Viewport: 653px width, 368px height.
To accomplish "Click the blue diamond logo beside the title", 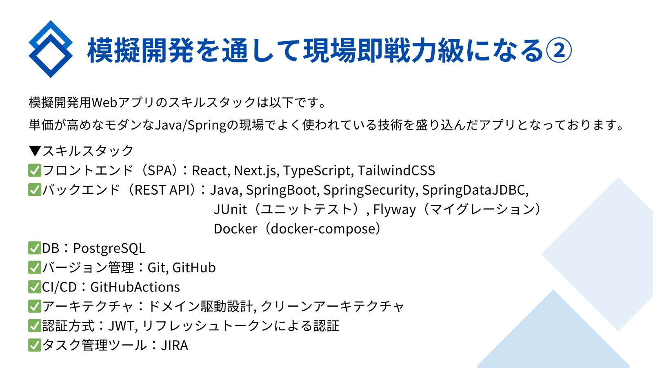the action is (x=51, y=49).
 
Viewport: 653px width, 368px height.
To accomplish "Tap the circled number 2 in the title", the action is (x=559, y=50).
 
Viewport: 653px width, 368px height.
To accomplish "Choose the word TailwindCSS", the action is (x=396, y=171).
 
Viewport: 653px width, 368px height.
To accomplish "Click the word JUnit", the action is (x=230, y=209).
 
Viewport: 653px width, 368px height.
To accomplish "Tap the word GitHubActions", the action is (x=135, y=287).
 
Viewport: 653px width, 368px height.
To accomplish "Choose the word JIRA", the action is (x=175, y=346).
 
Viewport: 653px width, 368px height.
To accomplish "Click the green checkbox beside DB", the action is (x=35, y=248).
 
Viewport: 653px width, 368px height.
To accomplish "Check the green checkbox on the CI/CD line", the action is (x=35, y=287).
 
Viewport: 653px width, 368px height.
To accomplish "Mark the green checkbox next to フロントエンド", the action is (x=35, y=171).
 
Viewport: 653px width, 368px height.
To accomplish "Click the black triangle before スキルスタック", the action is (x=35, y=151).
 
